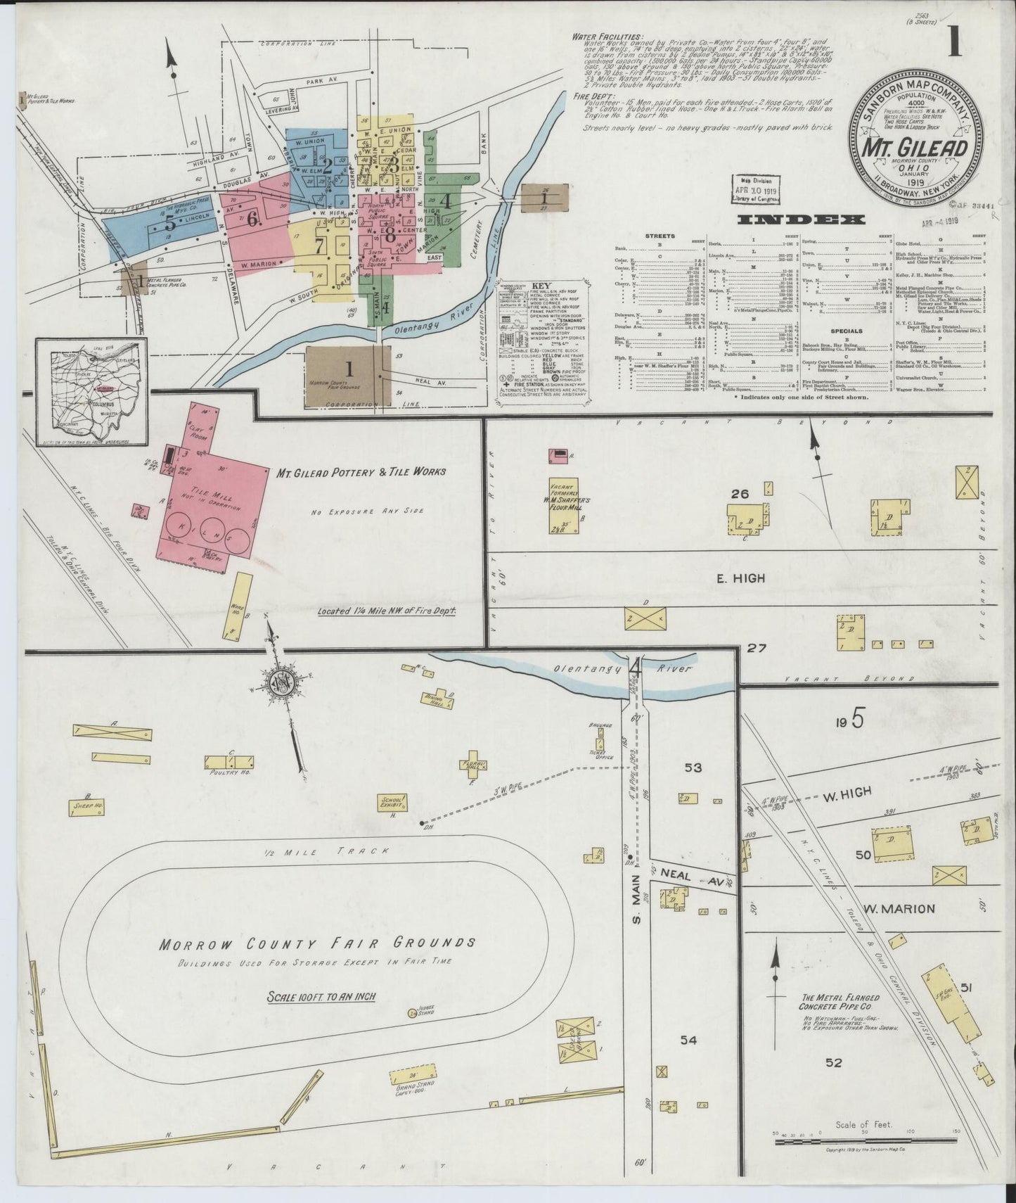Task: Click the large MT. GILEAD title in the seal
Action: click(x=915, y=150)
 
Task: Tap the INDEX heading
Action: click(x=800, y=219)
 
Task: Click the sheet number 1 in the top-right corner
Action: click(x=954, y=43)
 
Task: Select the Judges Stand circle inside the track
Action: click(x=412, y=1013)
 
